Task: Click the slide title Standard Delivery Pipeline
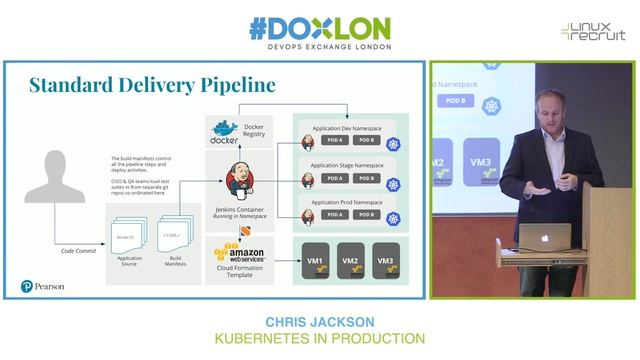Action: pyautogui.click(x=152, y=85)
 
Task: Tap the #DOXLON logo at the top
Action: pyautogui.click(x=320, y=27)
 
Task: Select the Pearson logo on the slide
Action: pyautogui.click(x=43, y=286)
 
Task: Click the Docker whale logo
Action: pyautogui.click(x=222, y=134)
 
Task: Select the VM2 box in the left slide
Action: pyautogui.click(x=350, y=261)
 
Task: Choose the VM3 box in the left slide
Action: pyautogui.click(x=385, y=261)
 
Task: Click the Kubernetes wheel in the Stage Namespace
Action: pyautogui.click(x=394, y=182)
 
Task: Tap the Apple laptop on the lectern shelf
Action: pyautogui.click(x=547, y=237)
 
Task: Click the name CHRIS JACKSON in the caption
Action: pyautogui.click(x=320, y=322)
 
